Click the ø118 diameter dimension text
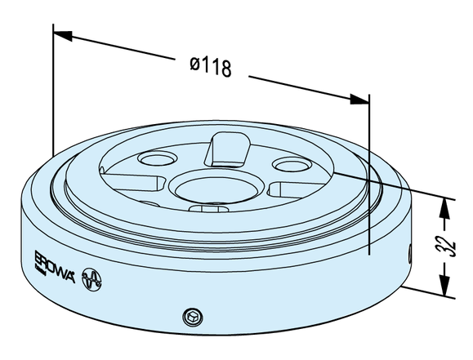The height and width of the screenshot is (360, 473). click(210, 66)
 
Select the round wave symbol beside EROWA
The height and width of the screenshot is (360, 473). click(91, 279)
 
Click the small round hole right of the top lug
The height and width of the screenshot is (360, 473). click(288, 164)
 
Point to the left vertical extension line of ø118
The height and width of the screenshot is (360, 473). click(53, 90)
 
